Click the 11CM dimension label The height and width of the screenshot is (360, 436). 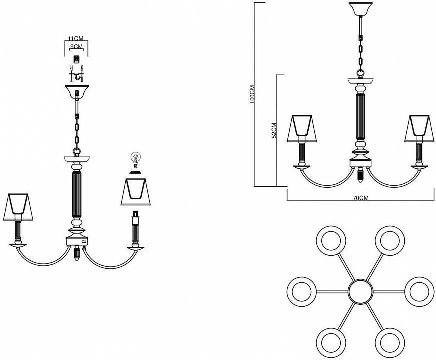[76, 38]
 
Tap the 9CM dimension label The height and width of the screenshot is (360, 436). [76, 47]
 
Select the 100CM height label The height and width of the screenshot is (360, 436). [252, 94]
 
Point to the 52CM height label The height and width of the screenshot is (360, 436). [274, 131]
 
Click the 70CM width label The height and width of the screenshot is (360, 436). [361, 198]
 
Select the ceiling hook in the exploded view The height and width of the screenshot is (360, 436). [76, 74]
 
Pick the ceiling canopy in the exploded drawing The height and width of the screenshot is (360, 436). [77, 92]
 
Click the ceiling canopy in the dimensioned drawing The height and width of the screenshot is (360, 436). [361, 9]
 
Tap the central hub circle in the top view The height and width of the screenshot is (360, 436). [360, 292]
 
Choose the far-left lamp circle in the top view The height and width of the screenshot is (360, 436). [302, 292]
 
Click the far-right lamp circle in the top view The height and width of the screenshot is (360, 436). [419, 292]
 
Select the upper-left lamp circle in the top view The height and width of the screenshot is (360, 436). [331, 241]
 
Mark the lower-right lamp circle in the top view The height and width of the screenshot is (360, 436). [390, 342]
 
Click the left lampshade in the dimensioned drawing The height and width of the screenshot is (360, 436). [302, 128]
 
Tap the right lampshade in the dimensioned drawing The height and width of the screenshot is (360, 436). [420, 128]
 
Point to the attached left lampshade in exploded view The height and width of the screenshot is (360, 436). [18, 207]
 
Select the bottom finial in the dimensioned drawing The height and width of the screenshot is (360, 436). [361, 175]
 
